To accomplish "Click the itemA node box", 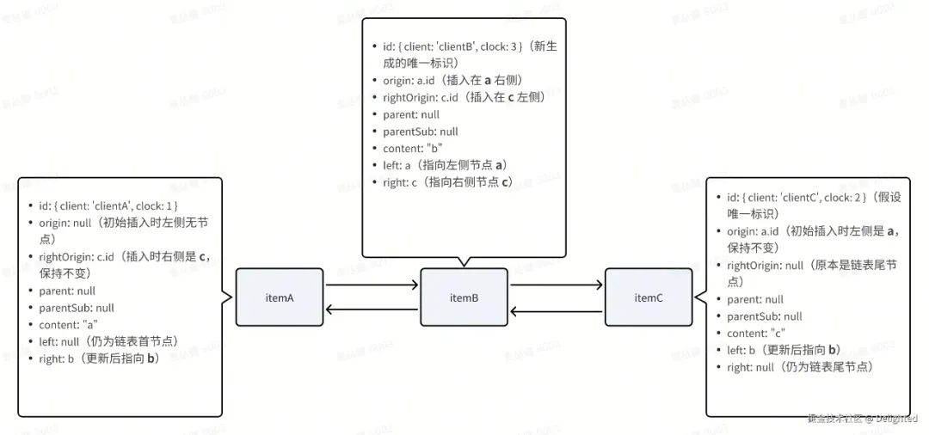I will (x=280, y=297).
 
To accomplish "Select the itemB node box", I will (x=464, y=297).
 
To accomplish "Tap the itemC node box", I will (x=648, y=297).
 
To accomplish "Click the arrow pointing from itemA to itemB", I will (x=372, y=284).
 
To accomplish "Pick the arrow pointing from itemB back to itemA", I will (x=372, y=310).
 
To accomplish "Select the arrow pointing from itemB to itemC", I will (x=556, y=284).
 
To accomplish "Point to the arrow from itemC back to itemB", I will (x=556, y=310).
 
